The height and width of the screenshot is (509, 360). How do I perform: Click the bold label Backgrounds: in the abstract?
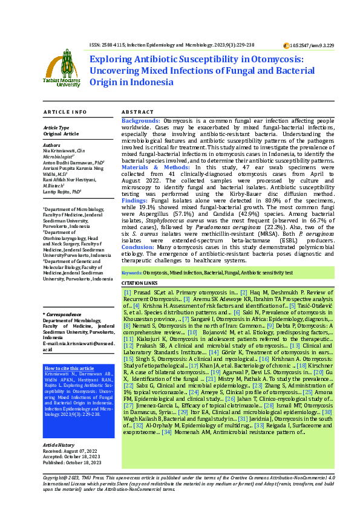coord(141,122)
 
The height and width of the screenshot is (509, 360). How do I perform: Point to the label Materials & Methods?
coord(151,168)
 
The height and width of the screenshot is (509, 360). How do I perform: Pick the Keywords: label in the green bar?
coord(132,273)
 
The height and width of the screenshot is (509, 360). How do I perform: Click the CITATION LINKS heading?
coord(139,283)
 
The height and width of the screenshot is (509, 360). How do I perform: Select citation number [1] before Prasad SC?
coord(127,292)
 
